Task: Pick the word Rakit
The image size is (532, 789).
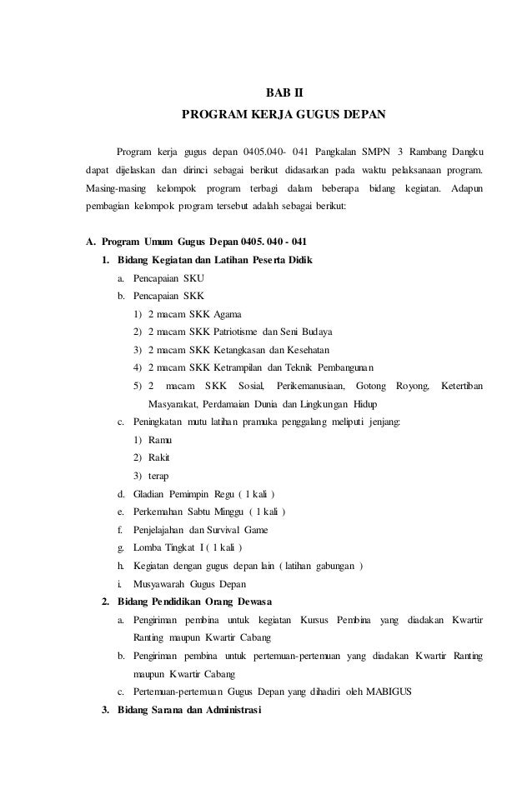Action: [x=160, y=458]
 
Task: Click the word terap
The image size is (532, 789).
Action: [x=158, y=476]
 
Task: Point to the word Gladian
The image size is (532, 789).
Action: [x=153, y=494]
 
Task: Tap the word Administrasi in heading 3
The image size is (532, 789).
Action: [x=227, y=711]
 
